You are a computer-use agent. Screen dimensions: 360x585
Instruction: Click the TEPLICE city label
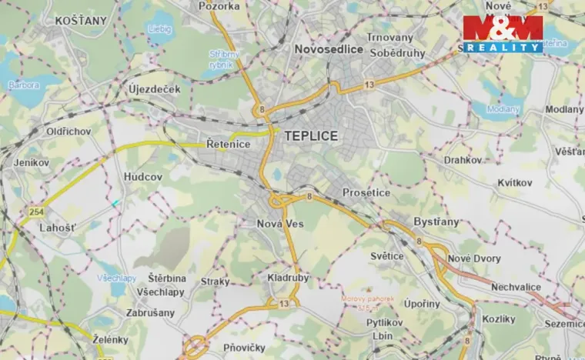coord(311,135)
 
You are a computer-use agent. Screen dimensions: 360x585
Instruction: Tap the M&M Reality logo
coord(503,34)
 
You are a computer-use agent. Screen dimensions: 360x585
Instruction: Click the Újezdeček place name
coord(155,88)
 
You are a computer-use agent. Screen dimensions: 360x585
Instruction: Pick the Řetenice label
coord(229,143)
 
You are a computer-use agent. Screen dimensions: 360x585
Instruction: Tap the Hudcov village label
coord(144,177)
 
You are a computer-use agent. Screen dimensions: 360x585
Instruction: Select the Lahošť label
coord(58,228)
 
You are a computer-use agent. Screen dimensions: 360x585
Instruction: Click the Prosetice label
coord(366,192)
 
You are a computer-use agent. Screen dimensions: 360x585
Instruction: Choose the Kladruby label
coord(289,275)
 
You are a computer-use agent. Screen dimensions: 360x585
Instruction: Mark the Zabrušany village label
coord(151,313)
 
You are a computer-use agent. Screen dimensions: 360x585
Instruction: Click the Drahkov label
coord(463,160)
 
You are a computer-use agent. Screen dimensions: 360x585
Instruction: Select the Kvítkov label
coord(514,182)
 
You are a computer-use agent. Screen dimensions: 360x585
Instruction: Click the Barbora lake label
coord(23,85)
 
